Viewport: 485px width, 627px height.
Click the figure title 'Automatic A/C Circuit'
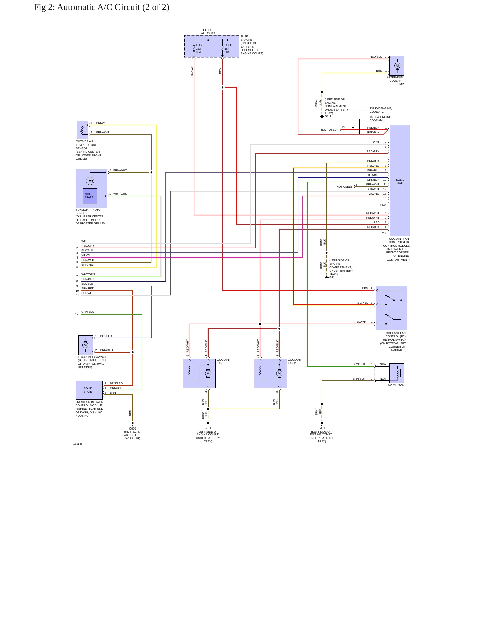point(98,7)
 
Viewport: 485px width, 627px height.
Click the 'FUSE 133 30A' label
point(200,49)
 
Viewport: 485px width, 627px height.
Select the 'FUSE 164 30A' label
point(228,49)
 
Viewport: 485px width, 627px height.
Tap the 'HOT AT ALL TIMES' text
point(208,32)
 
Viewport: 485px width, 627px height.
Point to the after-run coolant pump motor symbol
point(397,66)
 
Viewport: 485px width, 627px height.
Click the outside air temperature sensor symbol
point(83,130)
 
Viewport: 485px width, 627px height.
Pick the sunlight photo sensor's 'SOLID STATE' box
point(90,196)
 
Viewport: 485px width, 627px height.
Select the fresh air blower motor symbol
point(85,345)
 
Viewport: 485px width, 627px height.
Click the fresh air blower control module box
point(89,390)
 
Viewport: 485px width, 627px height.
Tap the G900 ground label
point(133,429)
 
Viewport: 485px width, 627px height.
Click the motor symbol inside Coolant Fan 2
point(279,373)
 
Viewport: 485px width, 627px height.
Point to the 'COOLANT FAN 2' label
point(294,361)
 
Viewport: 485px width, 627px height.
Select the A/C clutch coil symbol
point(398,373)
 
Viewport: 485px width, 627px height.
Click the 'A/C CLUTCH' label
point(396,385)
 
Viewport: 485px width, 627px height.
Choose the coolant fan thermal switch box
point(391,308)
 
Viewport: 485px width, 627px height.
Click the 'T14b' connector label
point(383,205)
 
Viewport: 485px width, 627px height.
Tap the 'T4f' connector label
point(384,233)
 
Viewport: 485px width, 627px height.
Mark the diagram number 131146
point(78,444)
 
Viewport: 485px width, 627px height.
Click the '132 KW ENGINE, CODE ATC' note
point(381,110)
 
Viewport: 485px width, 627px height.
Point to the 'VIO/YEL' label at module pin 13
point(374,194)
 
